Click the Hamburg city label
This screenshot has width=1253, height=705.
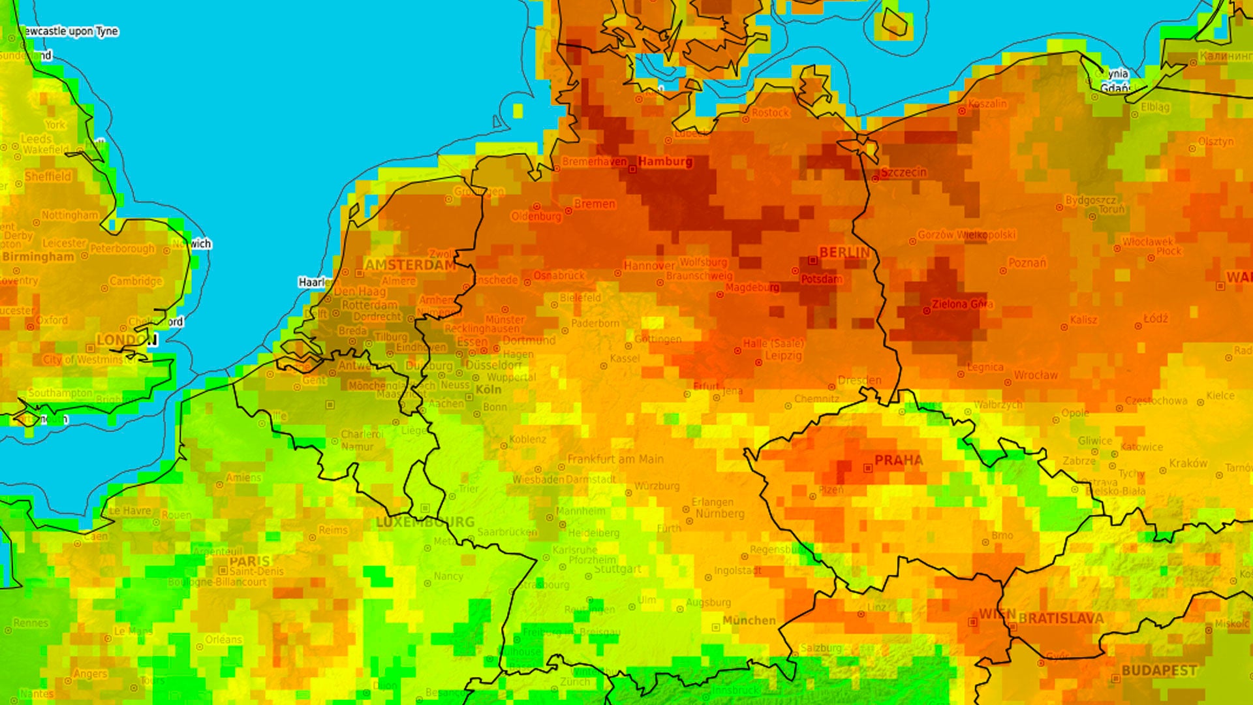[665, 161]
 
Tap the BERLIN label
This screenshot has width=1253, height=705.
[844, 252]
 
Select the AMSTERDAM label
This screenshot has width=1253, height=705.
[410, 265]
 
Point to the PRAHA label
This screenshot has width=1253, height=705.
[899, 460]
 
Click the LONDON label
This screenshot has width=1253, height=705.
[127, 340]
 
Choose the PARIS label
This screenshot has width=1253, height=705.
[249, 561]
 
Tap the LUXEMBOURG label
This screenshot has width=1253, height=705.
[425, 522]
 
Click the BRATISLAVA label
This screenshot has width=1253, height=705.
[1061, 618]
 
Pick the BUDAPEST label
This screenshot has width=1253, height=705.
[1159, 670]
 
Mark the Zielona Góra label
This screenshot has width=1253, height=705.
[962, 304]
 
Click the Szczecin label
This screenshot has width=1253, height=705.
[903, 172]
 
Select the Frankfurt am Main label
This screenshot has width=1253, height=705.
[615, 460]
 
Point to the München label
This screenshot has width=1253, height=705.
[749, 620]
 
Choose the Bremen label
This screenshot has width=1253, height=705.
[595, 204]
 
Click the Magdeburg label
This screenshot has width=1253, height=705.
[752, 287]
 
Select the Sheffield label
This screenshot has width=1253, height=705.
[48, 176]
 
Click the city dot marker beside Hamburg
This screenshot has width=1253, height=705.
[632, 170]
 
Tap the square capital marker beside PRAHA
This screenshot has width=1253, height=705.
[868, 468]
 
